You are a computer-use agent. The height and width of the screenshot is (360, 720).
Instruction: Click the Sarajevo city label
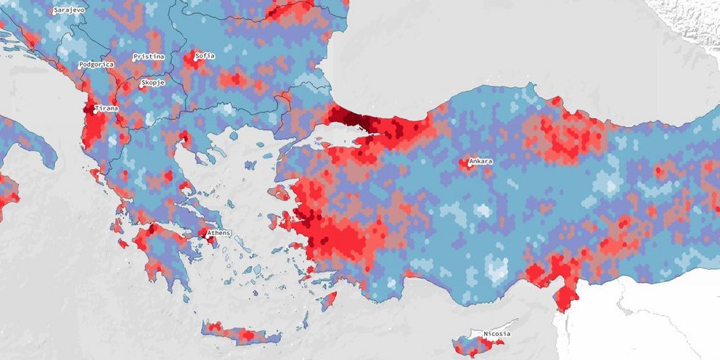point(70,11)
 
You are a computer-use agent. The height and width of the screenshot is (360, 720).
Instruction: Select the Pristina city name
point(149,57)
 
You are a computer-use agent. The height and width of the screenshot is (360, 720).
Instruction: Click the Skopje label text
point(153,83)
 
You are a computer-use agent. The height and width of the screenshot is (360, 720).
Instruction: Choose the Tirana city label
point(107,108)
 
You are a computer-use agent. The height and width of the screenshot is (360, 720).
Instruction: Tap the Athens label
point(219,233)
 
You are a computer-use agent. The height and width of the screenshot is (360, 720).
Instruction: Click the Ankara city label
point(481,161)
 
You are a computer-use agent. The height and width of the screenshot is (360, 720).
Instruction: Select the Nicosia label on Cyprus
point(497,334)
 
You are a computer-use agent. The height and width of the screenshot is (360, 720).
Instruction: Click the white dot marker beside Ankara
point(468,164)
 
